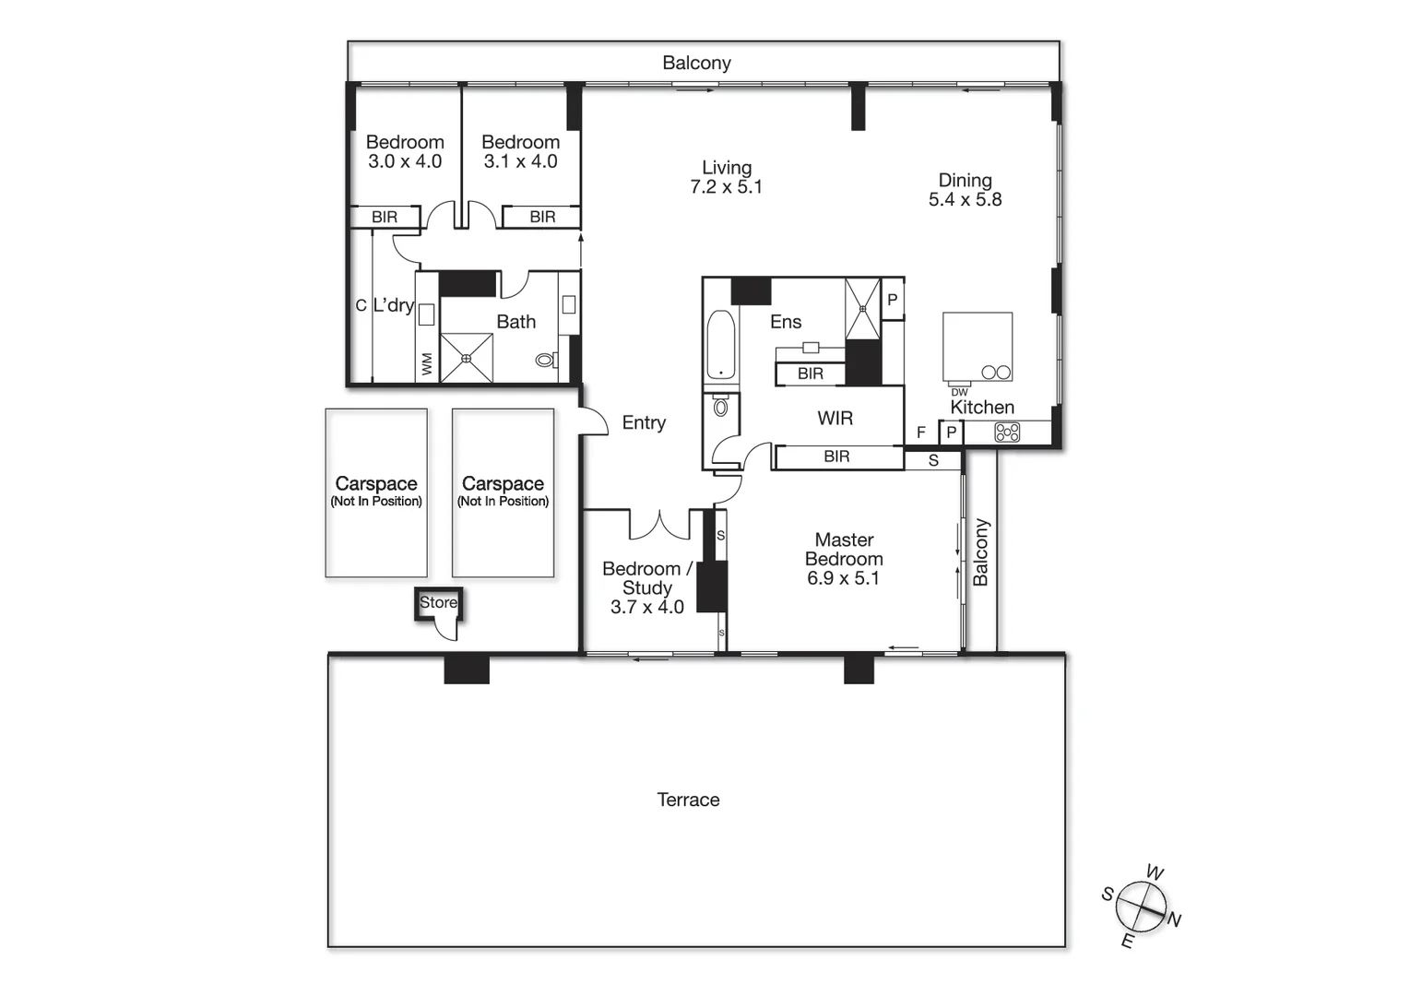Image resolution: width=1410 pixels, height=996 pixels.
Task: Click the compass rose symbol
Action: [1142, 907]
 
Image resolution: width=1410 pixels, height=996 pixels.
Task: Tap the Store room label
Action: [438, 602]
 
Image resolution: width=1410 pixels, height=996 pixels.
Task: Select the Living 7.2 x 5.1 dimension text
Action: [727, 187]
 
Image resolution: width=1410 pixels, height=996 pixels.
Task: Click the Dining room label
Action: [965, 181]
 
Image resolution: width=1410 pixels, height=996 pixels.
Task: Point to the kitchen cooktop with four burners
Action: [1007, 432]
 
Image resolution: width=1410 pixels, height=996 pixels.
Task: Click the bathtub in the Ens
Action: [720, 346]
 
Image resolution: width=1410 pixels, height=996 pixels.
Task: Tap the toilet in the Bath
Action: [547, 361]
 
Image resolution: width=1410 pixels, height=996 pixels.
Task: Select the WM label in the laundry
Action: [427, 364]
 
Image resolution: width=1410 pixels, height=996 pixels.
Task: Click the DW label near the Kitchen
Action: [959, 392]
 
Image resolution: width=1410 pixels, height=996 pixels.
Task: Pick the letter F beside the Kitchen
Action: [920, 433]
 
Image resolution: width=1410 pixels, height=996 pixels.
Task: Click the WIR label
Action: [835, 419]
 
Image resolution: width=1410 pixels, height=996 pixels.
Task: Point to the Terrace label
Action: [688, 800]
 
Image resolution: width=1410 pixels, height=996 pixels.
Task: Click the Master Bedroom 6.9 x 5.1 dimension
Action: [843, 579]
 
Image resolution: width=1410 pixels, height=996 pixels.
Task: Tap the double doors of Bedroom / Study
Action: [659, 525]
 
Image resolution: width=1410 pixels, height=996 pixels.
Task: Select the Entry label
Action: [644, 423]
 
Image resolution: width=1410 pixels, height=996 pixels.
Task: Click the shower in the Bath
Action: [467, 358]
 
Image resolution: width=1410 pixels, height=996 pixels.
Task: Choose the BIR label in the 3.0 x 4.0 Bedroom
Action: [385, 218]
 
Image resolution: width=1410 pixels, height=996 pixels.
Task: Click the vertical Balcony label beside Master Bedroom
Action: [980, 551]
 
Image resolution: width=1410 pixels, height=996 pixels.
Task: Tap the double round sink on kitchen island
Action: [996, 373]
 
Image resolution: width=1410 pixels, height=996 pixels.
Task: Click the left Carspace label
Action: [376, 484]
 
